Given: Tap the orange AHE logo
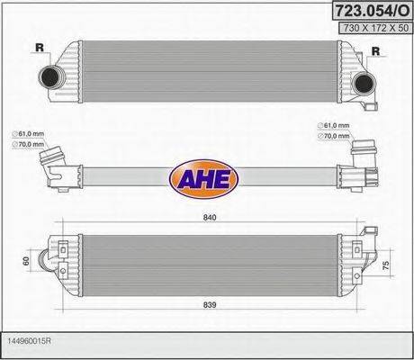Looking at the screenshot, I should click(205, 176).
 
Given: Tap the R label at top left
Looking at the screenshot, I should click(39, 47).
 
